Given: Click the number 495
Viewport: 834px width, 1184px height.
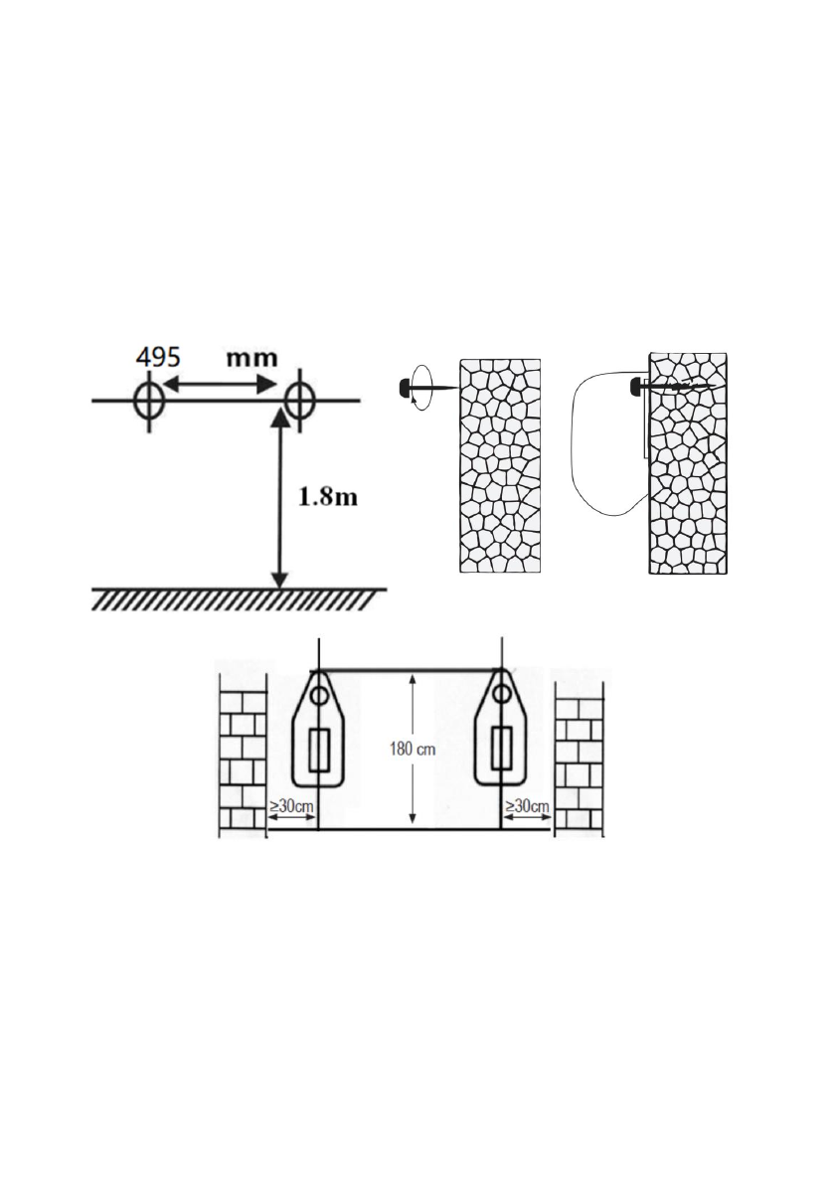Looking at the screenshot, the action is click(x=158, y=357).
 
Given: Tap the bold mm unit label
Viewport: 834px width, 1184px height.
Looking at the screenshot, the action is click(x=252, y=357).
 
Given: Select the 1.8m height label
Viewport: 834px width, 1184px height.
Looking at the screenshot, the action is click(x=328, y=497).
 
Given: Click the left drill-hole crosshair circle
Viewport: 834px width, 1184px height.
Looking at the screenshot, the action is click(x=149, y=401).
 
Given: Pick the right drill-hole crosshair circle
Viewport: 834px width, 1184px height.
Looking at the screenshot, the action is click(x=299, y=401).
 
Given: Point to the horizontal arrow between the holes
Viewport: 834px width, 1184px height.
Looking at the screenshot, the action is click(x=221, y=385).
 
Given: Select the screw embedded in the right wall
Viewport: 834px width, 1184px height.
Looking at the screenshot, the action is click(x=672, y=388).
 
